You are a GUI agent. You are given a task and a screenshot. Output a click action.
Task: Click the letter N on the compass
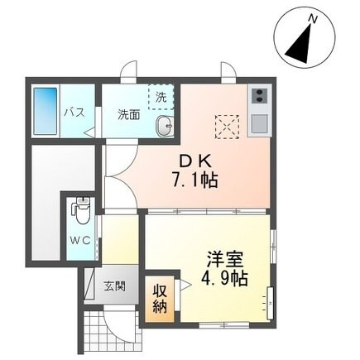click(x=312, y=17)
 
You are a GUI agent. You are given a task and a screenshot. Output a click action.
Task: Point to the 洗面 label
click(x=127, y=113)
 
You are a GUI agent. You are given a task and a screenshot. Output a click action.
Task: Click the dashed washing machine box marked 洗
click(x=161, y=97)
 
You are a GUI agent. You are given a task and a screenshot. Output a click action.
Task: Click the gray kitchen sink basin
click(x=257, y=125)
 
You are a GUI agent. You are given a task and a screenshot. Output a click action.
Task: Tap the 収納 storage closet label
click(x=160, y=300)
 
